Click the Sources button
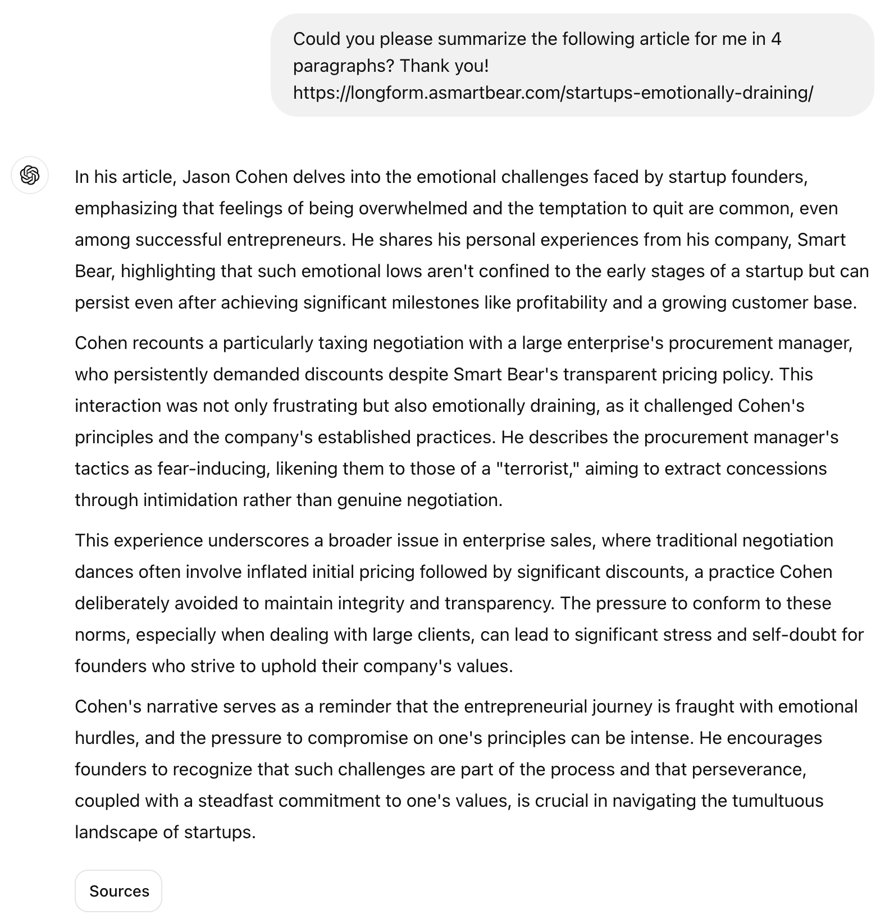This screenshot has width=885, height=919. tap(118, 891)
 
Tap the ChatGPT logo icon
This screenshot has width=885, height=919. tap(30, 175)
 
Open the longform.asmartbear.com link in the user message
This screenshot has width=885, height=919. tap(553, 93)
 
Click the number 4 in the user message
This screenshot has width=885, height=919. tap(775, 39)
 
